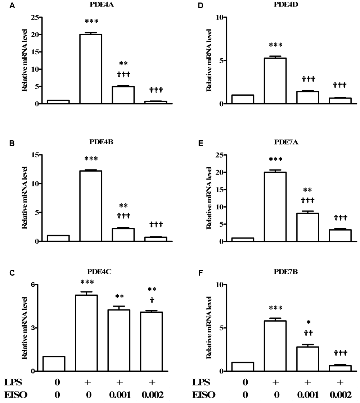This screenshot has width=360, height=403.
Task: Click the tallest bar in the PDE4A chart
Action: point(90,69)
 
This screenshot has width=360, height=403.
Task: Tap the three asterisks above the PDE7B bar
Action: point(275,308)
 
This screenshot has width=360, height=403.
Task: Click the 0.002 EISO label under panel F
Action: point(340,394)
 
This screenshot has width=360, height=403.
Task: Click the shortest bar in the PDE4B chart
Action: point(156,239)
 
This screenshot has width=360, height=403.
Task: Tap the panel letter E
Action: point(197,143)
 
